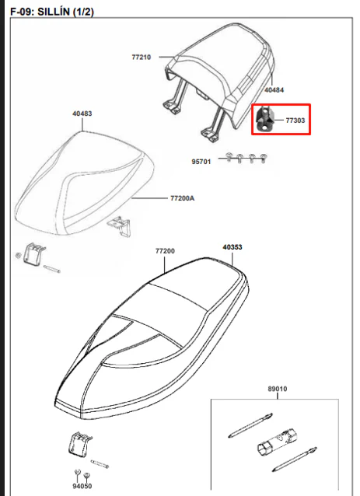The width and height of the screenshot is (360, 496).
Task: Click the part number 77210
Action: (x=141, y=58)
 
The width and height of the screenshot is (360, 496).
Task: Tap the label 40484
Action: (x=274, y=90)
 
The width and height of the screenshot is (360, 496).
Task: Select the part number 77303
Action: (x=295, y=121)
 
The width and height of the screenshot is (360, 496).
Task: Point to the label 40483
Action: (x=82, y=114)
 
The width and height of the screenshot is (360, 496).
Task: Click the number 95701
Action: (x=201, y=162)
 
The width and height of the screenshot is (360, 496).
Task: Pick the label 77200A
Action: (x=183, y=198)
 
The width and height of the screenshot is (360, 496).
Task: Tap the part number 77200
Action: (x=165, y=251)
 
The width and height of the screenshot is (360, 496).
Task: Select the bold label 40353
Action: (x=232, y=247)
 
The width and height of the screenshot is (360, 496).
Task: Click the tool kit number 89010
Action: (x=278, y=389)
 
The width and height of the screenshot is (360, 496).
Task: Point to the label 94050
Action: (x=82, y=486)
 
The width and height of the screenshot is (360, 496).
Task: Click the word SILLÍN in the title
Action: (x=53, y=12)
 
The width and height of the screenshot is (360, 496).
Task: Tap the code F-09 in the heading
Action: (x=22, y=12)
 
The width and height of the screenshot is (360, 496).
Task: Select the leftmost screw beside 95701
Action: (x=229, y=157)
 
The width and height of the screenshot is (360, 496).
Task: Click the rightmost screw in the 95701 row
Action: (x=264, y=158)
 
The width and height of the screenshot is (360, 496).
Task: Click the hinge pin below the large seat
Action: (x=100, y=464)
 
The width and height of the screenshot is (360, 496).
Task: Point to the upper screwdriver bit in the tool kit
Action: (x=250, y=425)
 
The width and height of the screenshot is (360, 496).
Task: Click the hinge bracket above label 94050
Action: (x=80, y=445)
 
